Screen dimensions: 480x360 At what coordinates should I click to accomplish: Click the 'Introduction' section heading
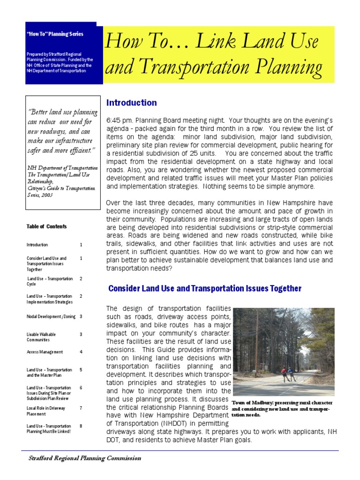pos(131,103)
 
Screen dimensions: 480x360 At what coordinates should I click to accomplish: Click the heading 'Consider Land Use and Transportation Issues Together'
pos(204,288)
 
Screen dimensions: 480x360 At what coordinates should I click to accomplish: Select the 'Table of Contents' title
pos(46,226)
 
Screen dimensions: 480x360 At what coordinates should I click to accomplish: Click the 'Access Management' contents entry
pos(45,352)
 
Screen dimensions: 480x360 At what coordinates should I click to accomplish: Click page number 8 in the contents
pos(81,426)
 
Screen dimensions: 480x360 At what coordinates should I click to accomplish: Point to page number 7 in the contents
pos(81,408)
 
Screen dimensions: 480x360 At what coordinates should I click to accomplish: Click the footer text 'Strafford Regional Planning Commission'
pos(84,458)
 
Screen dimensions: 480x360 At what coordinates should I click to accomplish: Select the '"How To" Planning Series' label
pos(55,34)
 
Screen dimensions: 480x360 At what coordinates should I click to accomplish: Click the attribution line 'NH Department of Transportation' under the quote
pos(62,168)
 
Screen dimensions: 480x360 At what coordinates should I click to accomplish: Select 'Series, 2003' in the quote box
pos(40,195)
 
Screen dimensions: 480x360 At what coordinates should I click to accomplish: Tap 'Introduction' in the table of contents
pos(37,245)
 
